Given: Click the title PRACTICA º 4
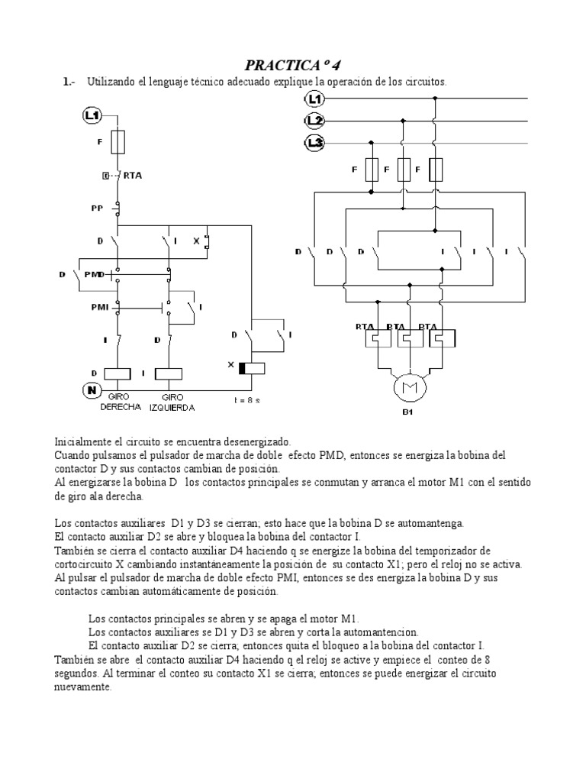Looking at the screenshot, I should pos(292,63).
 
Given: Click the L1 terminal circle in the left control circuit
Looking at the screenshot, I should pos(92,115).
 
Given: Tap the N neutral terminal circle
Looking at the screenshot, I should pos(92,390).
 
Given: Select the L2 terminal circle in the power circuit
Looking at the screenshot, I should pos(316,121).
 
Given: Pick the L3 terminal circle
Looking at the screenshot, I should pos(316,142).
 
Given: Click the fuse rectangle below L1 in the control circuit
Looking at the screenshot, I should pos(118,142).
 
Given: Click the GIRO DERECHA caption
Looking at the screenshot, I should pos(121,402).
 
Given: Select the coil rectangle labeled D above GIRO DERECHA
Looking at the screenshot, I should pos(118,373).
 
